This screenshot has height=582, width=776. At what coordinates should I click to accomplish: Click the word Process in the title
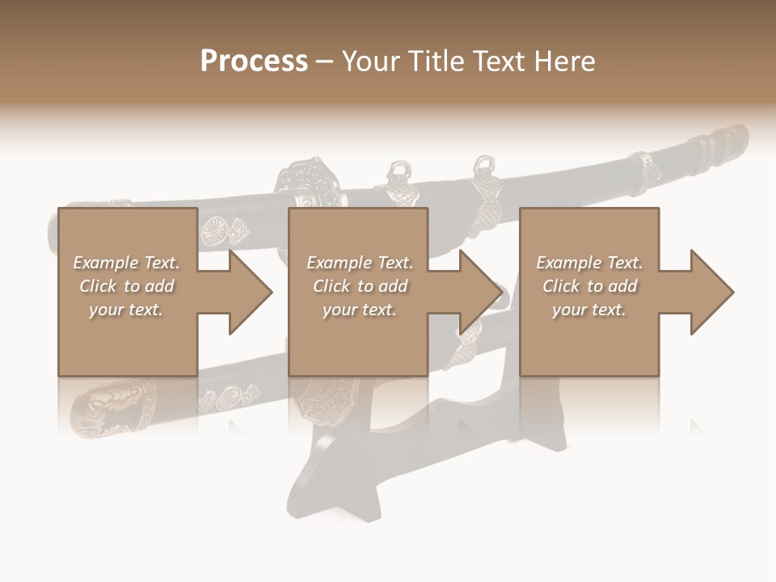pos(254,61)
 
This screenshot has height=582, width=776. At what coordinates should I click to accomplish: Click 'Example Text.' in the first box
pos(126,263)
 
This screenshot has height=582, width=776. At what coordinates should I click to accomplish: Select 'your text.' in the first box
pos(126,310)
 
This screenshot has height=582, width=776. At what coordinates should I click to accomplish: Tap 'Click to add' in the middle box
pos(360,286)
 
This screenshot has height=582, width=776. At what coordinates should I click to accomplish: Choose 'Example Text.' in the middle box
pos(360,263)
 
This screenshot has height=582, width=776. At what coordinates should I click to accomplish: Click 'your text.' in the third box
pos(589,310)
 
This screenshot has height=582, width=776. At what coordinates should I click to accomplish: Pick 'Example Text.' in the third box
pos(589,263)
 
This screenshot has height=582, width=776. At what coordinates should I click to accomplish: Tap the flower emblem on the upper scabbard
pos(213,230)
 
